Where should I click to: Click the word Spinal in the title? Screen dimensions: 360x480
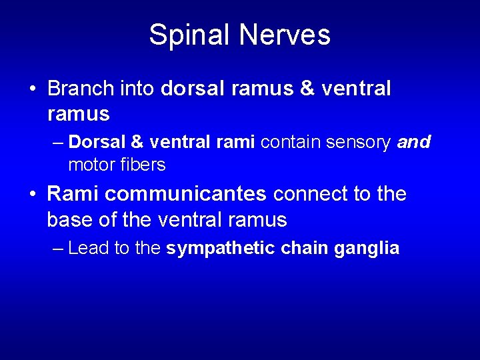[188, 35]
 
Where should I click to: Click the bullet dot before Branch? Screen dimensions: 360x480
[32, 89]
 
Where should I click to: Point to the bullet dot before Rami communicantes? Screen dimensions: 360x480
[32, 195]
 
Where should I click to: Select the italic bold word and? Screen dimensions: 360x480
[414, 142]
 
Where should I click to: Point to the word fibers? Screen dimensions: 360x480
[143, 164]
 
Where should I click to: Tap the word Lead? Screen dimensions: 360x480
[89, 249]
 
